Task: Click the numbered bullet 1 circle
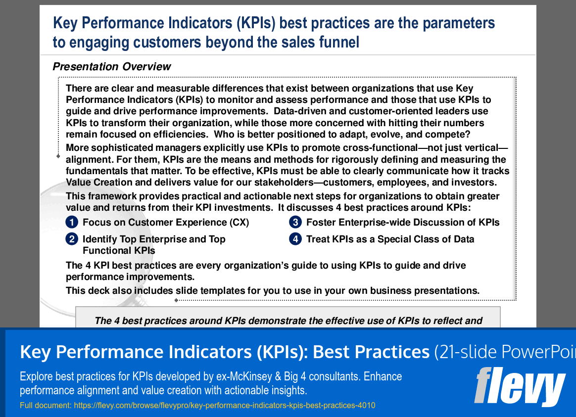(x=72, y=223)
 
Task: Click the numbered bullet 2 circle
(x=72, y=239)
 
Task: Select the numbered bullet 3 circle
(x=295, y=223)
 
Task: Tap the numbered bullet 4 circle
(x=295, y=239)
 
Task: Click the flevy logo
(x=519, y=386)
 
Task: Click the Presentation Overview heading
(x=112, y=67)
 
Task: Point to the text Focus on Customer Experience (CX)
(x=166, y=223)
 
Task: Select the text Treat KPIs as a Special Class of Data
(x=390, y=239)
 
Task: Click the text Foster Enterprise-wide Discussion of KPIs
(x=403, y=223)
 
